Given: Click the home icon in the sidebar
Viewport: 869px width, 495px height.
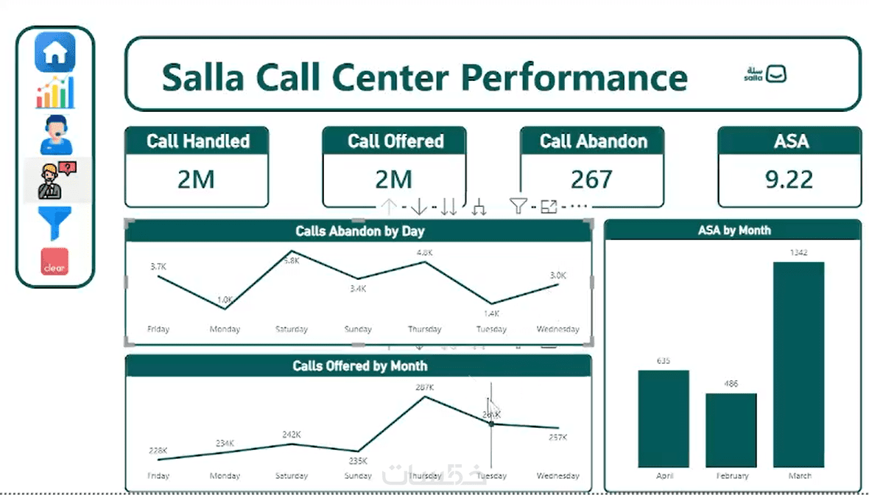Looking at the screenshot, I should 55,52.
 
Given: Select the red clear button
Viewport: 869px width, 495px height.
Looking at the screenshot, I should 54,262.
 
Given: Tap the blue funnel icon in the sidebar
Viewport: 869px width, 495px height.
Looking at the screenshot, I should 54,223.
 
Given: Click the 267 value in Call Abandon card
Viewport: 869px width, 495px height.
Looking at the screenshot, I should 591,180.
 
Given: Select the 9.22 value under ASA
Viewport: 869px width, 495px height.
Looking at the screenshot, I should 789,180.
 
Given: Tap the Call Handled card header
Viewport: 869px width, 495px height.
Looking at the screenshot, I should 197,141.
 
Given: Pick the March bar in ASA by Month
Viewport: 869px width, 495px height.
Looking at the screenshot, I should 799,365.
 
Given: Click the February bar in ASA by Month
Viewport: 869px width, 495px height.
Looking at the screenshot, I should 731,430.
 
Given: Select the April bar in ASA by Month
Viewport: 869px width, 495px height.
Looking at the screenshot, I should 664,418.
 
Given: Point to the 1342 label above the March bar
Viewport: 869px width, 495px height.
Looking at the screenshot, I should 799,253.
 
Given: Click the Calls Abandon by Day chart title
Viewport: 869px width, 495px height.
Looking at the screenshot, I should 359,231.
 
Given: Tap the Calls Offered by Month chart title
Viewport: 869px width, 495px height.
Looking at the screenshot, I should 359,365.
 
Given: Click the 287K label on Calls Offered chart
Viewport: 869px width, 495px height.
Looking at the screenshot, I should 425,387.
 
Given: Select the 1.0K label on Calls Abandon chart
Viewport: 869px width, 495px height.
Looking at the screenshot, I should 225,300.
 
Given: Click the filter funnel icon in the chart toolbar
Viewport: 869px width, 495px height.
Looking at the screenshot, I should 518,207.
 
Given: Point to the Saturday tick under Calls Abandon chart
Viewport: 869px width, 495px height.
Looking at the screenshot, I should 291,329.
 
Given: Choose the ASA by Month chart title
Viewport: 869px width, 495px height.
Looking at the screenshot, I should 733,231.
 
